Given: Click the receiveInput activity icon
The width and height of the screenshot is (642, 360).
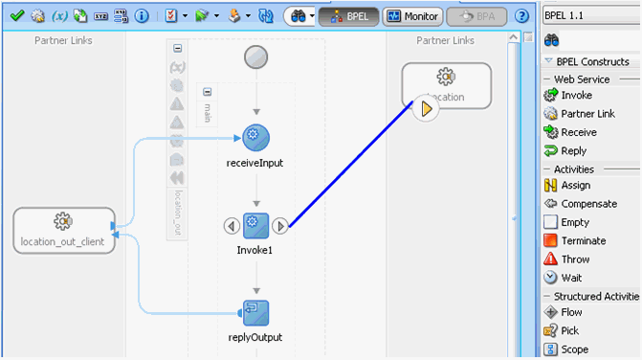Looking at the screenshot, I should [255, 138].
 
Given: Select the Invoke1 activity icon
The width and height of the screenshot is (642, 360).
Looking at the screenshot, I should [255, 226].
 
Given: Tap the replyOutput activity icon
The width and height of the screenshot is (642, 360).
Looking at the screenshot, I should [255, 313].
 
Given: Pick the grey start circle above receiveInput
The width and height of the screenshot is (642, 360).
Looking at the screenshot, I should [255, 56].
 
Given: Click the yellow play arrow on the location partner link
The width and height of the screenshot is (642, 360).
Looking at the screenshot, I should [426, 108].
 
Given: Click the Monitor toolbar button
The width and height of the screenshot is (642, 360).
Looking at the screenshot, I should [412, 16].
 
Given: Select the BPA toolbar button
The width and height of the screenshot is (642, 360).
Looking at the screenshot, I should [477, 16].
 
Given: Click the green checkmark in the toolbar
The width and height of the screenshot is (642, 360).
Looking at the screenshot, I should [16, 16].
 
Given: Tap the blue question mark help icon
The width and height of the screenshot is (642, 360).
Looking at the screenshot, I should [521, 16].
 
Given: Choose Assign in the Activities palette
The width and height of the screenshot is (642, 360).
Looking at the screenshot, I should [575, 186].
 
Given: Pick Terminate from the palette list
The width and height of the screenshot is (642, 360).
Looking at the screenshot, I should [582, 241].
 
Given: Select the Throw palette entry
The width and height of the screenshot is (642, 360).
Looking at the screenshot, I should [575, 259].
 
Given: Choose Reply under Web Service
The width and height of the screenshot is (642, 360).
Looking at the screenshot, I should [573, 150].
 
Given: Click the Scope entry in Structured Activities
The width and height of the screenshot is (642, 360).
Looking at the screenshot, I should [574, 349].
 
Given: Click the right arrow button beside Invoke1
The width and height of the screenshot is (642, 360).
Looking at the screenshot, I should [279, 226].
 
